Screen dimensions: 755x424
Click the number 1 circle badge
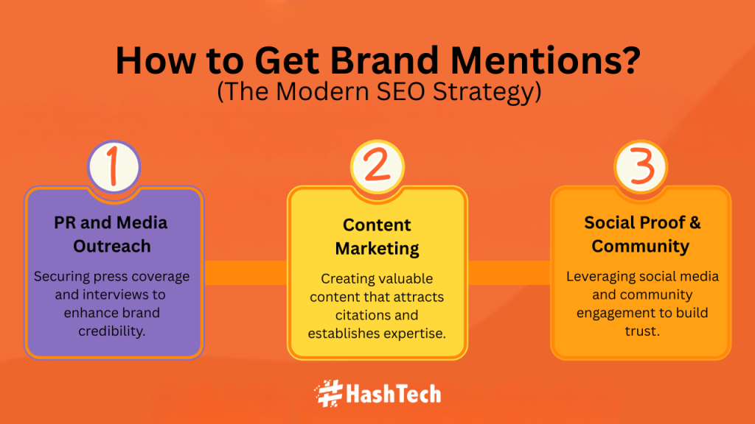pos(114,167)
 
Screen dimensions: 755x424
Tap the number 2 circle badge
pos(377,167)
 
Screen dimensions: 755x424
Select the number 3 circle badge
pos(641,167)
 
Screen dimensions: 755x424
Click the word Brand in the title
pos(383,60)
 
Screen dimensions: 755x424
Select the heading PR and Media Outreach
pos(111,234)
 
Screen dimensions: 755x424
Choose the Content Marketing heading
pos(377,236)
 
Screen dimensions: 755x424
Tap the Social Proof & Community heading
pos(641,234)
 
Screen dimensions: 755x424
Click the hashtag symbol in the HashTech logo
pos(328,394)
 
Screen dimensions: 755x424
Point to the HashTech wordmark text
pos(394,394)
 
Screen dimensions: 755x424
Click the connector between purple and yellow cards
pos(246,272)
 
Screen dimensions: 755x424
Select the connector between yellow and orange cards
pos(509,272)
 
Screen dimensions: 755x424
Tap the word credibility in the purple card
pos(112,331)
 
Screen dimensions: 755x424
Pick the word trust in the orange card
pos(642,331)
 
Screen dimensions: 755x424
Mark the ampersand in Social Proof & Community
pos(695,222)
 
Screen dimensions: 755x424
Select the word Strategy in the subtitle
pos(487,92)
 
